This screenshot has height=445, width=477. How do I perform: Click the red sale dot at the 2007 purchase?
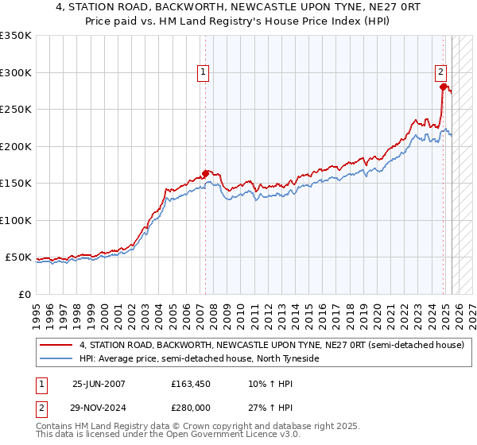point(206,173)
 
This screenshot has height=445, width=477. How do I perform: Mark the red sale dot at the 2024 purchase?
point(443,87)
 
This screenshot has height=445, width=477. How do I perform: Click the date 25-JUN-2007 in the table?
point(99,384)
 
